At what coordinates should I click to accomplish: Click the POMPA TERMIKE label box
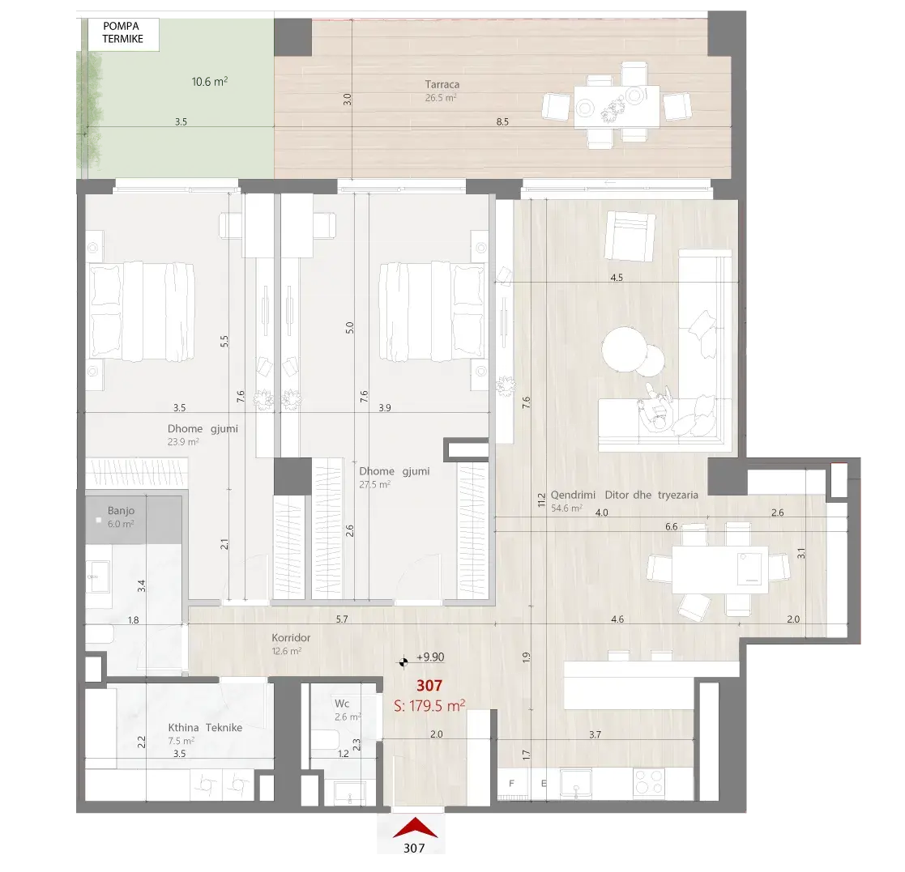123,34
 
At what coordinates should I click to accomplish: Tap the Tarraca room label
442,85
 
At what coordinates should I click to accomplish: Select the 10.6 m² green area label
210,82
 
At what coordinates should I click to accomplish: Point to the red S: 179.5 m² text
429,705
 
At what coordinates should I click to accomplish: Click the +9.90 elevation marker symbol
404,661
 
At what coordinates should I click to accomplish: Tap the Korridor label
291,638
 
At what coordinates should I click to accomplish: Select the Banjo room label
121,510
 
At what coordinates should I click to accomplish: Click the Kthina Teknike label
205,728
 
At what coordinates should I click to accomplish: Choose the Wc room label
342,704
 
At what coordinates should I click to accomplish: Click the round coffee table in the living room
625,350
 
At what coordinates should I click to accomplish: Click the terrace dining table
617,106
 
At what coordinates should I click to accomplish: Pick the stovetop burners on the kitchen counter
649,783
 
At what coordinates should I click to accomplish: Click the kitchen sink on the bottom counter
575,784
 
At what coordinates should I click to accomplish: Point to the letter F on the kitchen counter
511,784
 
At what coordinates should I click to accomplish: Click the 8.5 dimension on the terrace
502,121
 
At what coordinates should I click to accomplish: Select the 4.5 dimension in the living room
617,278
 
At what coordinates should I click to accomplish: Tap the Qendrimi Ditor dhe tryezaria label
624,495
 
